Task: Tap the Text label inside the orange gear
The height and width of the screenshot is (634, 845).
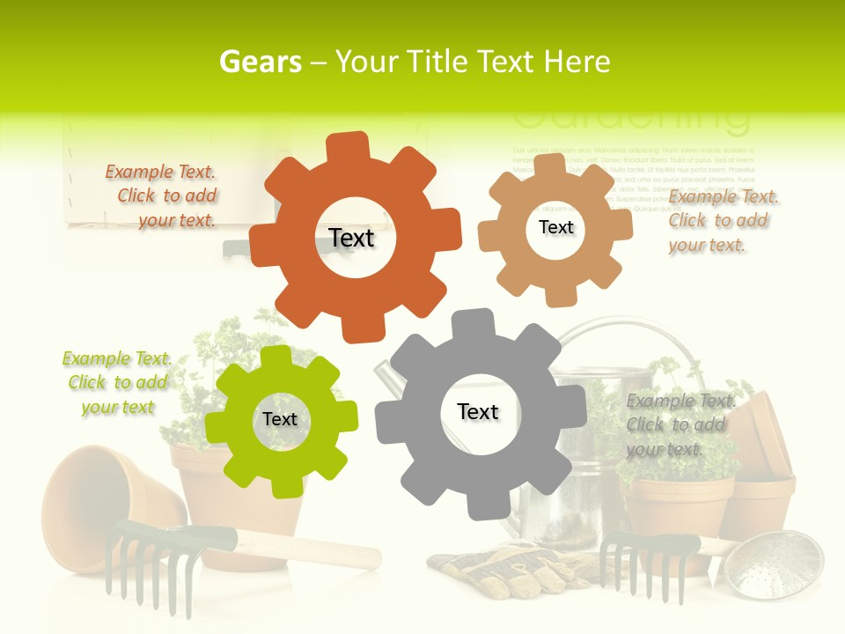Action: (x=352, y=238)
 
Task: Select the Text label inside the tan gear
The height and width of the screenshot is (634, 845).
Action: (x=555, y=227)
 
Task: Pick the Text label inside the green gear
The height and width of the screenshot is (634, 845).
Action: (x=280, y=419)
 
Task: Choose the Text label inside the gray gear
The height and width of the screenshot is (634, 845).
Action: (x=478, y=411)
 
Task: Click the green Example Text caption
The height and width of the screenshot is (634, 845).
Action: (x=117, y=383)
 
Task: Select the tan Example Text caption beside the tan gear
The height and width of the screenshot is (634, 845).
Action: (x=722, y=221)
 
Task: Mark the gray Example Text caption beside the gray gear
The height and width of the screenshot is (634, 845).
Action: (x=680, y=424)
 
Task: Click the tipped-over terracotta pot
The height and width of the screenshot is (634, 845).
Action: (x=106, y=502)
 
